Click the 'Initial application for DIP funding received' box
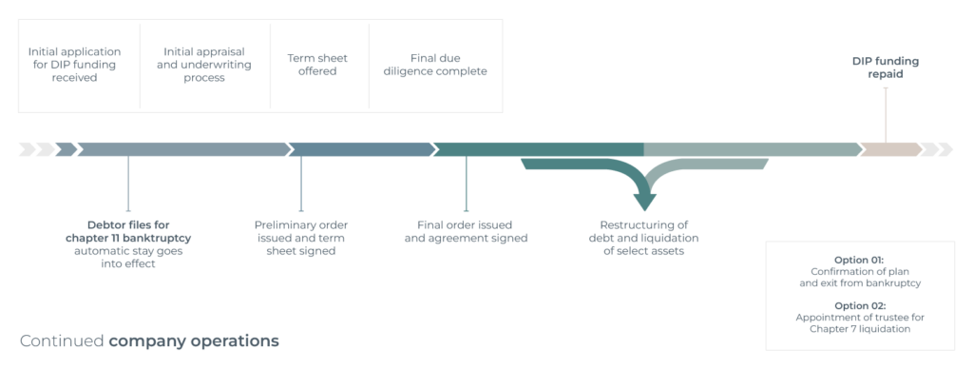click(75, 64)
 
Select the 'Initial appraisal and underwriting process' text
click(205, 64)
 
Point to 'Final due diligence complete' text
click(435, 64)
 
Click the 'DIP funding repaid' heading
click(885, 67)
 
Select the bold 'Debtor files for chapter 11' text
click(128, 231)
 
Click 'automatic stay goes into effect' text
click(128, 258)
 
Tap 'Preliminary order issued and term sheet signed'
click(301, 238)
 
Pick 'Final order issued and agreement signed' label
click(466, 231)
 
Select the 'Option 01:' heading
click(860, 259)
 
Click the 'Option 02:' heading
click(860, 305)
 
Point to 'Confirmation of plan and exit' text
click(860, 277)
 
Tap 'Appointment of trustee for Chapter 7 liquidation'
click(860, 323)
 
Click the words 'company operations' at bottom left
click(194, 340)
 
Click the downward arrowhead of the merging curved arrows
click(645, 202)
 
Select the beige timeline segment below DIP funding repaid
click(889, 149)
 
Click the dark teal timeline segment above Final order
click(538, 149)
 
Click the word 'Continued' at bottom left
click(62, 340)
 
